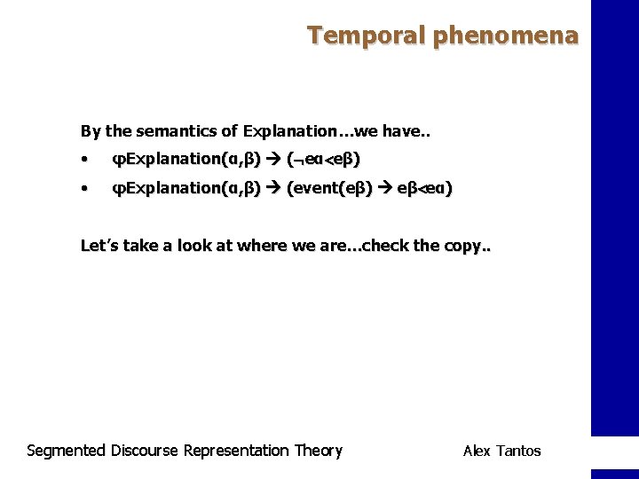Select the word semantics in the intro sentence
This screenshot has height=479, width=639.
point(181,131)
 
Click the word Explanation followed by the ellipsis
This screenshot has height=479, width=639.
point(293,131)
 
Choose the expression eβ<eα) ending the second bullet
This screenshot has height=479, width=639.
point(423,189)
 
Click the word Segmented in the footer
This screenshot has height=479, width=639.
point(67,451)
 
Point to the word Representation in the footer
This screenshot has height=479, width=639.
point(236,451)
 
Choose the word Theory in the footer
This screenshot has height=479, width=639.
point(318,451)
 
